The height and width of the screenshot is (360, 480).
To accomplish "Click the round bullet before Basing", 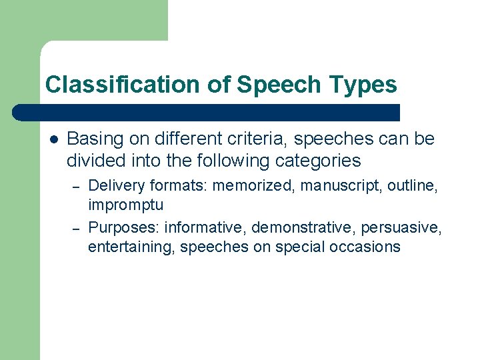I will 53,139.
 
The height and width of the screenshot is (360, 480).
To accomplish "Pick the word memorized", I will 253,185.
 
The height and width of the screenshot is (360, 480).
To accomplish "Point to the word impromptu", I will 125,204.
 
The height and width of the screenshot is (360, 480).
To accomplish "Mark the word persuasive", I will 401,228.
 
